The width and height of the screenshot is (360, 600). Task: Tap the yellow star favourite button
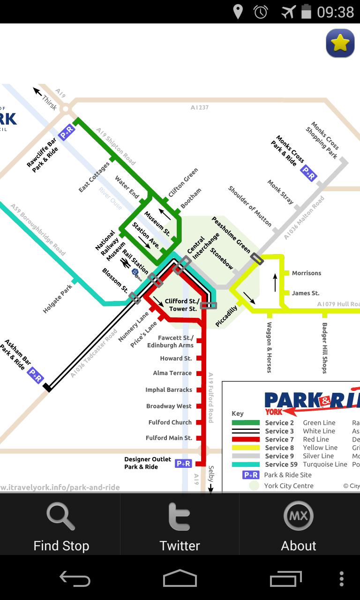click(x=340, y=44)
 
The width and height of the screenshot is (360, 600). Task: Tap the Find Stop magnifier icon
click(x=61, y=517)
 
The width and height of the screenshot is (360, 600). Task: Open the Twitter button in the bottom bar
click(x=180, y=517)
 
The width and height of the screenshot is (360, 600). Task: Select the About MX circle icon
click(x=298, y=516)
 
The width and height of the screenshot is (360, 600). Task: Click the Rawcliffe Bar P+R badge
click(x=67, y=132)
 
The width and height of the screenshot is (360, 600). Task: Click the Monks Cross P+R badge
click(x=308, y=173)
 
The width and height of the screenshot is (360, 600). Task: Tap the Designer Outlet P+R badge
click(x=183, y=464)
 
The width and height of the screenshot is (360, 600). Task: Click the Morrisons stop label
click(x=307, y=273)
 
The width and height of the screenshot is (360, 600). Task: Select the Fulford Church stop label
click(x=170, y=422)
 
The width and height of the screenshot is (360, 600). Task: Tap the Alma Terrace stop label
click(x=172, y=373)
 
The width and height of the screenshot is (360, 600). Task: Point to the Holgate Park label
click(x=59, y=299)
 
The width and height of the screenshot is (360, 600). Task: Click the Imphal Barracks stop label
click(x=169, y=390)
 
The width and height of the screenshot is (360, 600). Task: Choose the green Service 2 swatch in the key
click(x=246, y=423)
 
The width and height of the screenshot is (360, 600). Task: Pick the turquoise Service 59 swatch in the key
click(x=246, y=465)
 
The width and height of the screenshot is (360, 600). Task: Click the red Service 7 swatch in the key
click(x=246, y=440)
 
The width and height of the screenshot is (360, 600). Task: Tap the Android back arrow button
click(x=75, y=579)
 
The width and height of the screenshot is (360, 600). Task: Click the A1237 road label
click(x=200, y=107)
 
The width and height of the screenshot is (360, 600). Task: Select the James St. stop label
click(x=306, y=293)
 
